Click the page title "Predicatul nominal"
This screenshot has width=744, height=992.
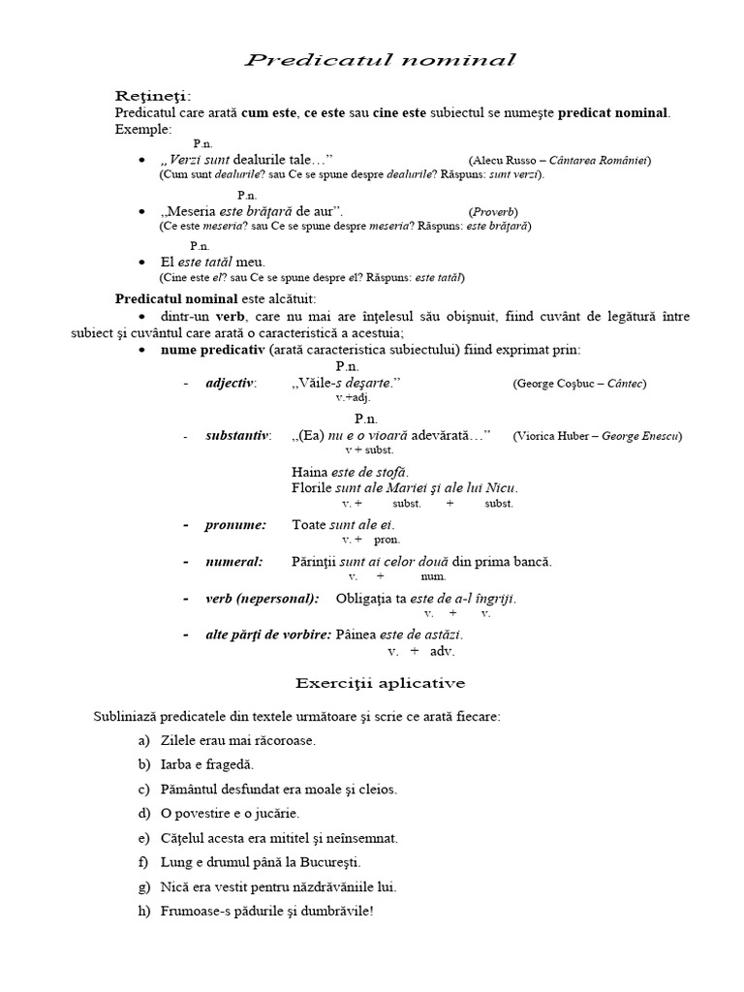click(x=380, y=61)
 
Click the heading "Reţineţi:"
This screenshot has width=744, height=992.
click(x=153, y=96)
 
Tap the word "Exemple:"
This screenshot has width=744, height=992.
click(x=142, y=128)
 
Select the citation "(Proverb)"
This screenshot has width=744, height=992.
click(x=493, y=211)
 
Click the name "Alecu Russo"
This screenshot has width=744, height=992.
click(x=508, y=160)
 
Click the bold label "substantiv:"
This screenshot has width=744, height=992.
click(x=238, y=435)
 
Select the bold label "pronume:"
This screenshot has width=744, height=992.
click(x=235, y=524)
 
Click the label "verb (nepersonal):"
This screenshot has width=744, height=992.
click(x=262, y=598)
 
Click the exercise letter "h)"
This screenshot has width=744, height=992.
click(x=144, y=912)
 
